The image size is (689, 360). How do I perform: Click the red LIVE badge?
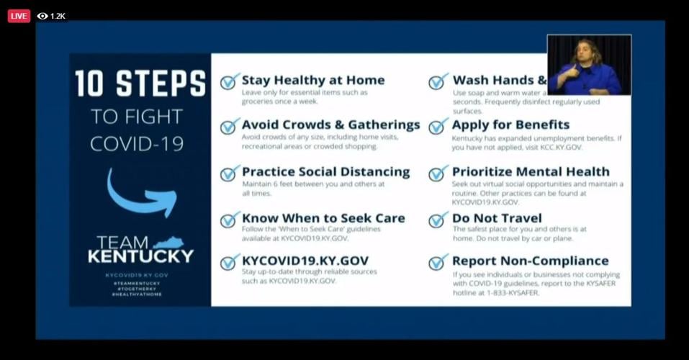click(x=19, y=16)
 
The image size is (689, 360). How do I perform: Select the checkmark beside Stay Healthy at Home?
click(x=230, y=81)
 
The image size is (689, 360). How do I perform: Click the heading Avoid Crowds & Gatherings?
click(x=330, y=125)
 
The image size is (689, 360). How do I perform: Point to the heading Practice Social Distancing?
click(x=325, y=172)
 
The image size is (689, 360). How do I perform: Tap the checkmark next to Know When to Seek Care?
click(x=230, y=220)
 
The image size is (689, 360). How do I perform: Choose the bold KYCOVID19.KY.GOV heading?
click(x=305, y=261)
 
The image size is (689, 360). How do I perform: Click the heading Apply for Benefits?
click(x=510, y=125)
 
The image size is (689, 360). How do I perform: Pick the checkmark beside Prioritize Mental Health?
click(x=438, y=174)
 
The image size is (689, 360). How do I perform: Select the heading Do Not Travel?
click(x=497, y=218)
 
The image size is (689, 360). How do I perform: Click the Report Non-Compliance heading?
click(x=530, y=261)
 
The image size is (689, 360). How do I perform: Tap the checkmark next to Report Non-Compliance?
click(x=438, y=262)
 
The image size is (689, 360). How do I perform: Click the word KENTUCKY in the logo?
click(x=140, y=256)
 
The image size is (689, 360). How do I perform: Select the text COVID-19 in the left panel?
click(x=137, y=143)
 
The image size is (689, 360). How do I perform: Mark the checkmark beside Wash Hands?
click(x=438, y=81)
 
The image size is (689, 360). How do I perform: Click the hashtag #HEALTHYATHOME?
click(x=137, y=294)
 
